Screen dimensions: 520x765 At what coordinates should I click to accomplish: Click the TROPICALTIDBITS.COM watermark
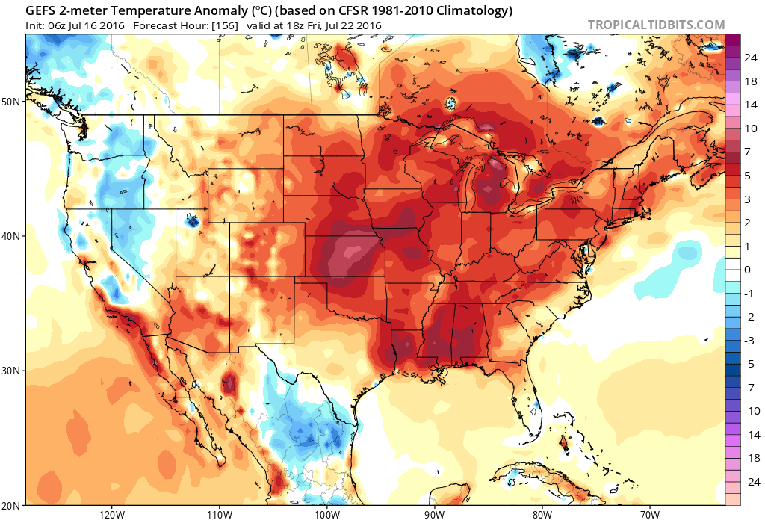pyautogui.click(x=656, y=25)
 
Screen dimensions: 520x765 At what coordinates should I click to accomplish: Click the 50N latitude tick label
pyautogui.click(x=11, y=101)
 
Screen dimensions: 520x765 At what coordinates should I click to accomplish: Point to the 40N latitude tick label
pyautogui.click(x=11, y=236)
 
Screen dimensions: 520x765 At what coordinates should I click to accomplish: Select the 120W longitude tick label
pyautogui.click(x=111, y=513)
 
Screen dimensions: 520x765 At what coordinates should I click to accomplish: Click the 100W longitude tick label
pyautogui.click(x=326, y=513)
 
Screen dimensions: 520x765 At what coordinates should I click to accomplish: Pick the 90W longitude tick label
pyautogui.click(x=434, y=513)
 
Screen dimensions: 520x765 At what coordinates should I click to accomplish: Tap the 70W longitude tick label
pyautogui.click(x=649, y=513)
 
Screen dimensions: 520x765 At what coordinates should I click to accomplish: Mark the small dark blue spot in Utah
pyautogui.click(x=193, y=220)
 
